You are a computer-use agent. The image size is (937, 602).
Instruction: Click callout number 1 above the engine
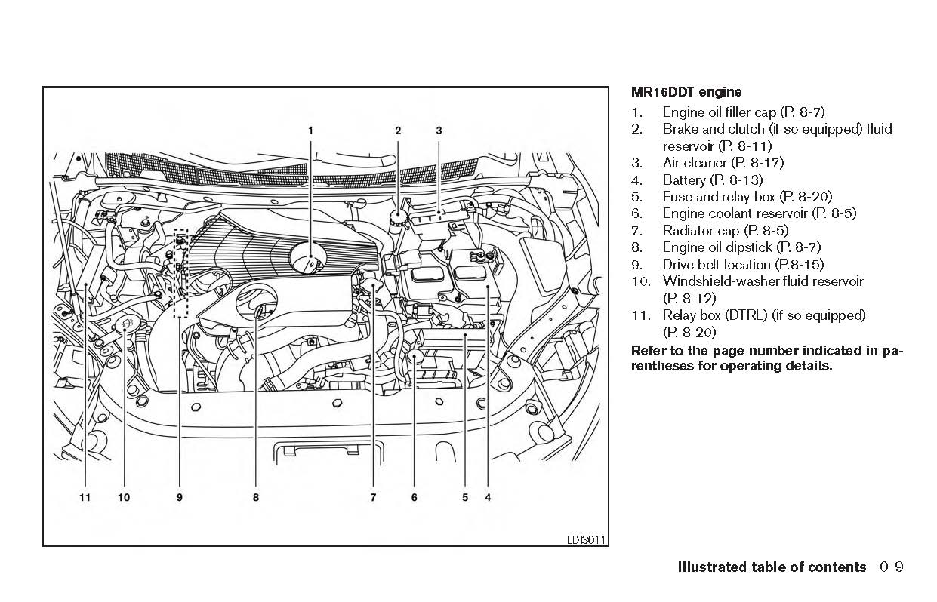point(310,131)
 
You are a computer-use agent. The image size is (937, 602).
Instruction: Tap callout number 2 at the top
point(398,131)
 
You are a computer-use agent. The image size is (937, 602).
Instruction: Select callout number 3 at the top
point(439,131)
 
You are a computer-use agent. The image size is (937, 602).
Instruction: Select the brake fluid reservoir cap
point(397,217)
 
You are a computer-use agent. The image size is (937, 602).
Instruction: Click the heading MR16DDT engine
point(686,92)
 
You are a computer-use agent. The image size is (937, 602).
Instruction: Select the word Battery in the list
point(684,180)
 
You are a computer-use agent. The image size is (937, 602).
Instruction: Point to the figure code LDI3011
point(586,539)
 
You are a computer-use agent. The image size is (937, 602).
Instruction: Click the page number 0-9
point(891,567)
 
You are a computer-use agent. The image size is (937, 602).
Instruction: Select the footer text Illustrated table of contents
point(772,567)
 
